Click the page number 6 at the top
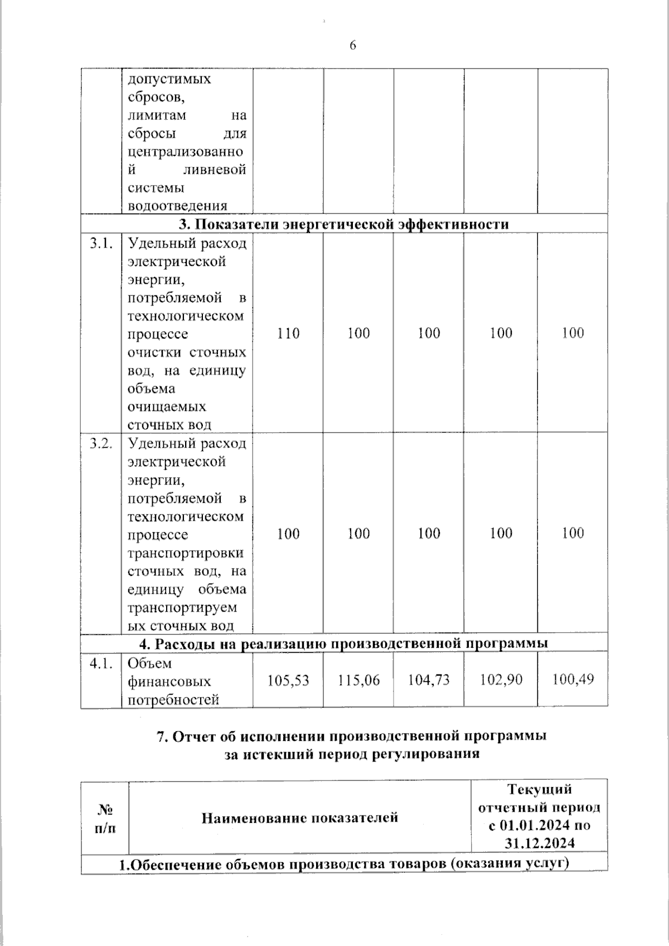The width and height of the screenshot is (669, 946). (x=352, y=46)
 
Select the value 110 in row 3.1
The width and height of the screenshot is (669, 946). (x=288, y=333)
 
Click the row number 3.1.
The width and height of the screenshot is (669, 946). (x=101, y=244)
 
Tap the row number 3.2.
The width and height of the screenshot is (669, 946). (x=101, y=444)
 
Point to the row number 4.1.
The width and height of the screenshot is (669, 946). (x=101, y=663)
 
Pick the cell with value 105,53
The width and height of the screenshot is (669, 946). (x=288, y=681)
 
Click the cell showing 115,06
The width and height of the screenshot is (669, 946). (x=358, y=681)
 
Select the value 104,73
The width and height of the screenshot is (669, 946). (x=429, y=680)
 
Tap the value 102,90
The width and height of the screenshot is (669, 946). (x=501, y=680)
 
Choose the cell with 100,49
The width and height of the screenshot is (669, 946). (x=573, y=679)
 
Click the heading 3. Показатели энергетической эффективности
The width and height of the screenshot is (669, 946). (x=343, y=224)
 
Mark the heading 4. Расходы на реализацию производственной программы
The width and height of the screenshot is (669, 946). (x=343, y=644)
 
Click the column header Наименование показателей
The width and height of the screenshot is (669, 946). (x=299, y=818)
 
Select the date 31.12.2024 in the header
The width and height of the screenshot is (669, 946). (x=540, y=843)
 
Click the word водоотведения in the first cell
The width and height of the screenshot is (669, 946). (x=177, y=206)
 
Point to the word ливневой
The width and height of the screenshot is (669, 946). (x=214, y=170)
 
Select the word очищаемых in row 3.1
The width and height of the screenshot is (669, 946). (x=167, y=406)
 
